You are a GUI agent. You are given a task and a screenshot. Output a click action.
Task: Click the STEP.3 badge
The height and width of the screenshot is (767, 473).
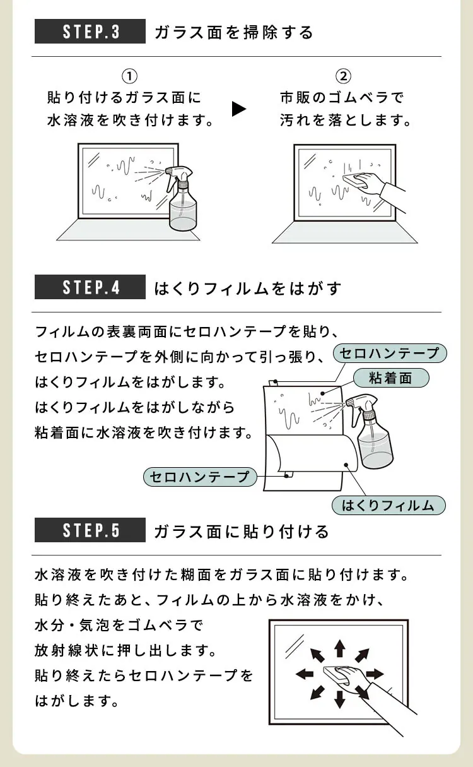tap(90, 32)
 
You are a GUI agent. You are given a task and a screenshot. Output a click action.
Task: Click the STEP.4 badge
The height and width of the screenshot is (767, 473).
tap(90, 288)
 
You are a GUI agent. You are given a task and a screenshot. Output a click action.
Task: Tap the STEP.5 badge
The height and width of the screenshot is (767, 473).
tap(90, 530)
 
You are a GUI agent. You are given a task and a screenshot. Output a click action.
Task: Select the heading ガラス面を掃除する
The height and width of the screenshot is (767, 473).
tap(233, 32)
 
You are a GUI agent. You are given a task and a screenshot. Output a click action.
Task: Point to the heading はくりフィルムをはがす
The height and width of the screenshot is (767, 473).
tap(247, 288)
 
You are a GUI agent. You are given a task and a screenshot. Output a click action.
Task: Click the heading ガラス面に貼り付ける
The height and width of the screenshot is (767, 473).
tap(241, 532)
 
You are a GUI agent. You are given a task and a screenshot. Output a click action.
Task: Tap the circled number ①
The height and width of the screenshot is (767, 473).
tap(129, 76)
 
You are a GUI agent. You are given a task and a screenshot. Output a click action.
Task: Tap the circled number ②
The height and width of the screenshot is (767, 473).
tap(344, 76)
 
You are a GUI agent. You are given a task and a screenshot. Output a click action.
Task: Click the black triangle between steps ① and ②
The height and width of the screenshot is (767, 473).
tap(239, 109)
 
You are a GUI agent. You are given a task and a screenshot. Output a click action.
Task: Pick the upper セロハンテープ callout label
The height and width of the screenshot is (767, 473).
tap(389, 353)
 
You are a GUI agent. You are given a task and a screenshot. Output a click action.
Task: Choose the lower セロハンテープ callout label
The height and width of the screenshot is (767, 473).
tap(201, 477)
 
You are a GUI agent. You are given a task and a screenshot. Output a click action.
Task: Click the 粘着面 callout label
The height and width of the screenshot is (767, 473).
tap(390, 378)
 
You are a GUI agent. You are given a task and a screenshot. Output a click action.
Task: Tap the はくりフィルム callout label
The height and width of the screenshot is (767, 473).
tap(388, 505)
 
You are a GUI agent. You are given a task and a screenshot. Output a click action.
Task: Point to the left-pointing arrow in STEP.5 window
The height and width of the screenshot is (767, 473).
tap(305, 674)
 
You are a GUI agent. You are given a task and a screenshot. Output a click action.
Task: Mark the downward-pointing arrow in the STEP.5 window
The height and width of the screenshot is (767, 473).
tap(339, 698)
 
